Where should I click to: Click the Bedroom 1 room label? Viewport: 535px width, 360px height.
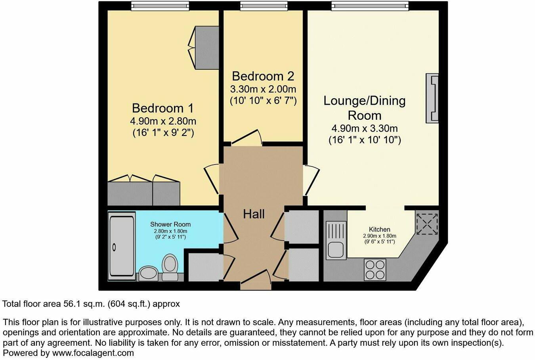tap(162, 108)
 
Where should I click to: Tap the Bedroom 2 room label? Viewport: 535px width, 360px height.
tap(263, 76)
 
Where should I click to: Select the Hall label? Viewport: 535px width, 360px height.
tap(254, 214)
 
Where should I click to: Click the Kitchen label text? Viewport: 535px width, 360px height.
tap(379, 229)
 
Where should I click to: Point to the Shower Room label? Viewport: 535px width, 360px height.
tap(170, 224)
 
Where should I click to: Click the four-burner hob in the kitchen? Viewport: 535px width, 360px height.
tap(375, 270)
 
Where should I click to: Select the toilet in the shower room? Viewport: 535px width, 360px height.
tap(170, 268)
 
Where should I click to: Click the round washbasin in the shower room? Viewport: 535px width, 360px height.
tap(148, 273)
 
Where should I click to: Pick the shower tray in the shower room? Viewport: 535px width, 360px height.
tap(121, 246)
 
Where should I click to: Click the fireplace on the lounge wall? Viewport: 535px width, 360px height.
tap(432, 98)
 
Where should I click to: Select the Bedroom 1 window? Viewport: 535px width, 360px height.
tap(160, 6)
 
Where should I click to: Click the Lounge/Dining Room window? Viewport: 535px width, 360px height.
tap(370, 6)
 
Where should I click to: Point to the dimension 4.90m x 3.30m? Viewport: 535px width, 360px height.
tap(365, 128)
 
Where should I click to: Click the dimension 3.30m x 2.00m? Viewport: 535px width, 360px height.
tap(263, 89)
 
